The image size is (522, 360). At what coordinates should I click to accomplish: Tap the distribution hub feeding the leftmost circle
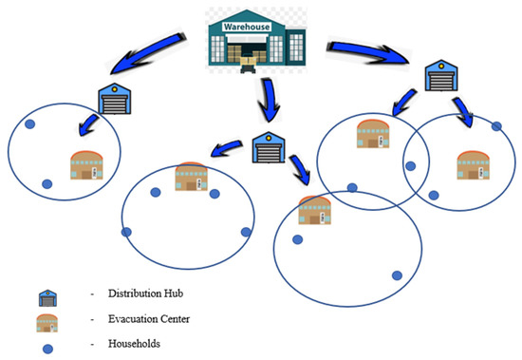point(113,98)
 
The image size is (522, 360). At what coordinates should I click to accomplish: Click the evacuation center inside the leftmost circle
point(87,168)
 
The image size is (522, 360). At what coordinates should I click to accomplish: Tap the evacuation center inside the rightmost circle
point(472,164)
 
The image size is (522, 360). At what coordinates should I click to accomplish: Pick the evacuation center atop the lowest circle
point(314,210)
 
